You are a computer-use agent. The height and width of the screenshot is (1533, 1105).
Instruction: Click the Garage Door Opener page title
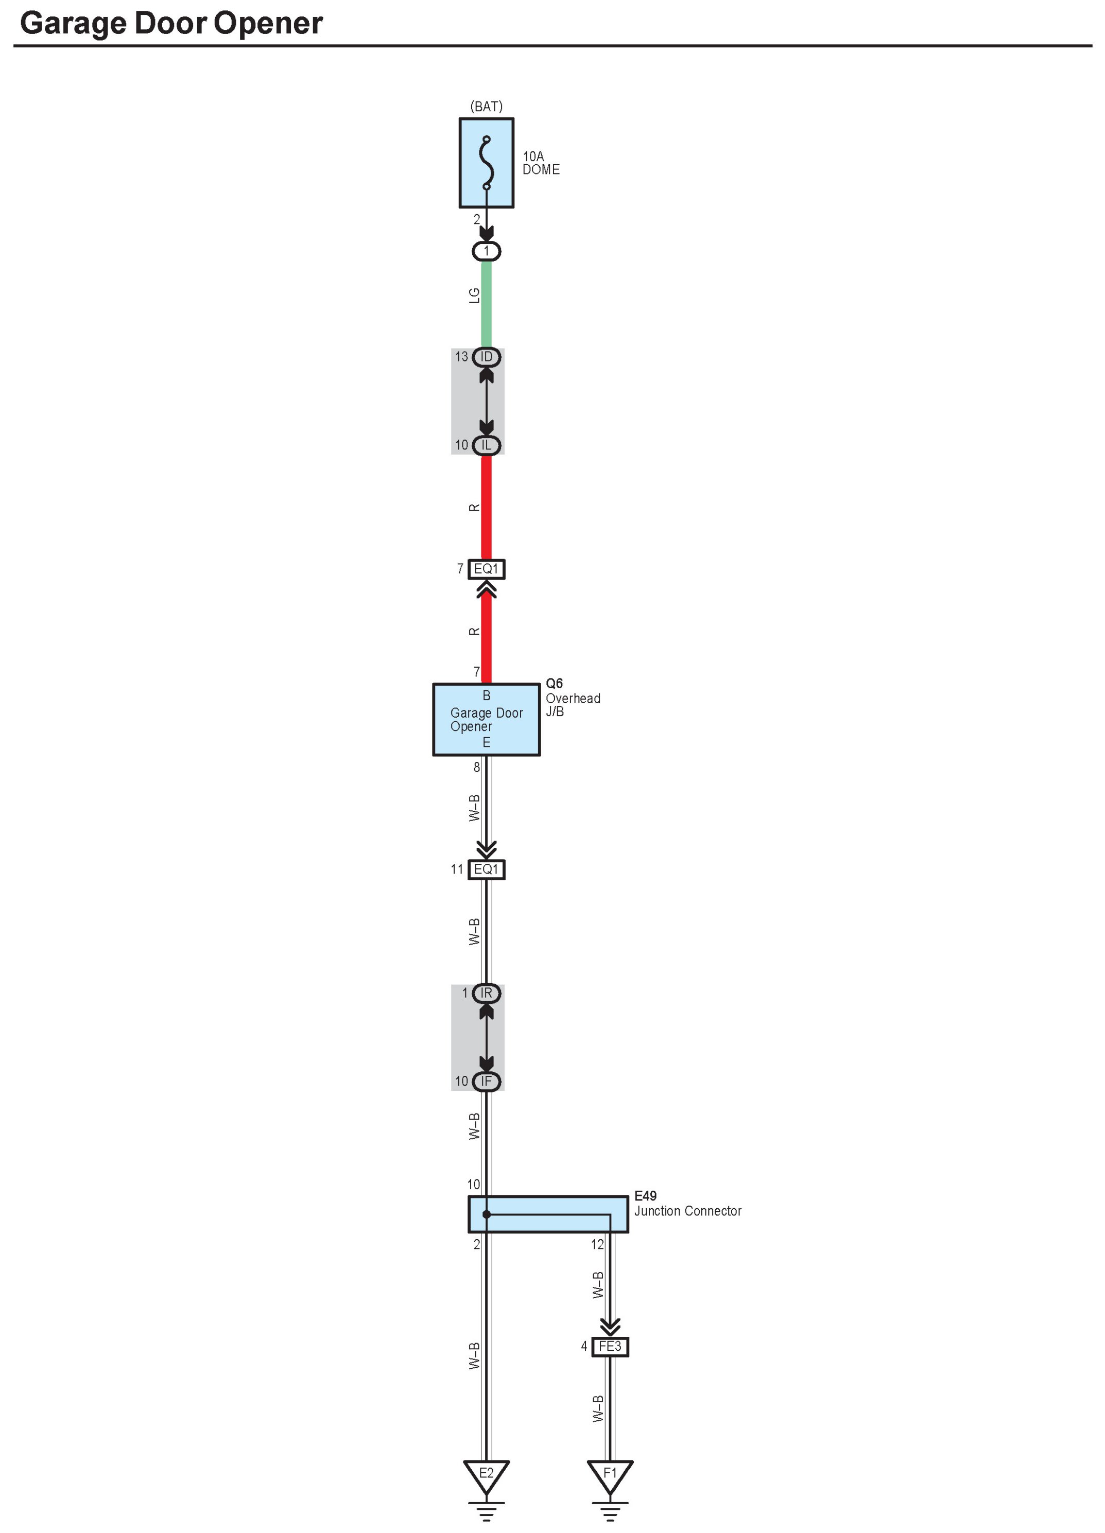(171, 23)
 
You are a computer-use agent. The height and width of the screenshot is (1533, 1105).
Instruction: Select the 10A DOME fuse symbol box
(486, 163)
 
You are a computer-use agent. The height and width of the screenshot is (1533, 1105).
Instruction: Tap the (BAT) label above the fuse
(486, 107)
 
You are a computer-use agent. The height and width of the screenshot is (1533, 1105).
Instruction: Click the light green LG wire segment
(486, 304)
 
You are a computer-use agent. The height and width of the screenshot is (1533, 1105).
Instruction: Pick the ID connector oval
(486, 357)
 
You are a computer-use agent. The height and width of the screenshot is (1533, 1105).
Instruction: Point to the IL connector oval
(486, 445)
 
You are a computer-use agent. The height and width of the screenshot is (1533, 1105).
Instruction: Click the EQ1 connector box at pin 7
(486, 569)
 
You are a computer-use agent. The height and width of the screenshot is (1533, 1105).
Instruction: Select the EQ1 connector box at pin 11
(486, 869)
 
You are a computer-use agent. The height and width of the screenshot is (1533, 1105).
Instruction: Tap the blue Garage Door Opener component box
(486, 719)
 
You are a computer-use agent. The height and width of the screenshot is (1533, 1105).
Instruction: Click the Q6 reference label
(554, 683)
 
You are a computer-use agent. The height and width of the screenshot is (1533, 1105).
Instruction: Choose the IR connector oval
(486, 994)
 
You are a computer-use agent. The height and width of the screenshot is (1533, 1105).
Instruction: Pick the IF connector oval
(486, 1082)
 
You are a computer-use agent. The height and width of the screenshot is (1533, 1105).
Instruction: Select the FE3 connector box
(610, 1347)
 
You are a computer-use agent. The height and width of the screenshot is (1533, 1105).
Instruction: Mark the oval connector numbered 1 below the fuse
(486, 251)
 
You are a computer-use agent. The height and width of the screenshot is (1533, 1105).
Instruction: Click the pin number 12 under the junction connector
(597, 1244)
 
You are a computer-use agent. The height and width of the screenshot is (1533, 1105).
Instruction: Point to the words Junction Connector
(688, 1211)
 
